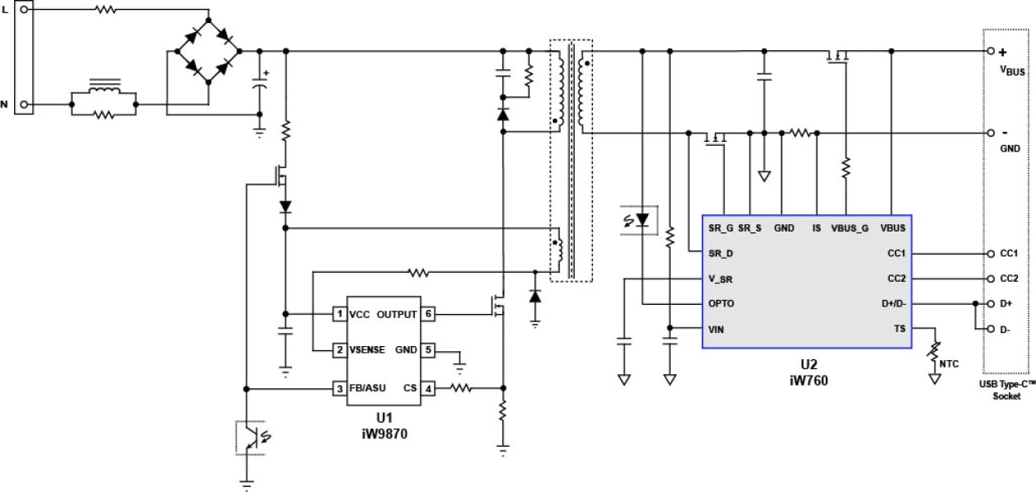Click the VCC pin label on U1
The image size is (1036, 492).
[360, 314]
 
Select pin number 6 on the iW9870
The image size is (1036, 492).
[428, 314]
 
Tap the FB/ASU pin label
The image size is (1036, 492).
[368, 388]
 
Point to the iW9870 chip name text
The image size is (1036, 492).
[384, 432]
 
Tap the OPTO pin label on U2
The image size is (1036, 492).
[723, 303]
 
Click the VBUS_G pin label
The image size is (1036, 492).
[849, 228]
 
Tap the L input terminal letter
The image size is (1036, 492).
[6, 7]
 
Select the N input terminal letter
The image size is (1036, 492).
[6, 105]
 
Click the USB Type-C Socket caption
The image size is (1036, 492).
[1007, 390]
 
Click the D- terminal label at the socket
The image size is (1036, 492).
[1005, 329]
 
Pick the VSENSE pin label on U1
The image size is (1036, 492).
[369, 350]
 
